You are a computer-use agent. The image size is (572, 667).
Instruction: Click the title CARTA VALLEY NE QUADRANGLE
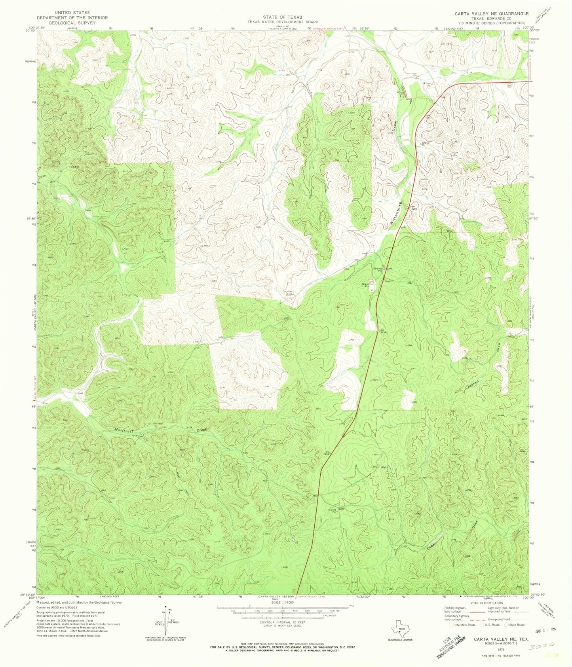[491, 13]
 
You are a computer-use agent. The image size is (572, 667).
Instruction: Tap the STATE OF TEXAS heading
[283, 17]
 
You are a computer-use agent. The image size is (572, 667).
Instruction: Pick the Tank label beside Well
[373, 467]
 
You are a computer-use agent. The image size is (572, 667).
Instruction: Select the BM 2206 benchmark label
[414, 208]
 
